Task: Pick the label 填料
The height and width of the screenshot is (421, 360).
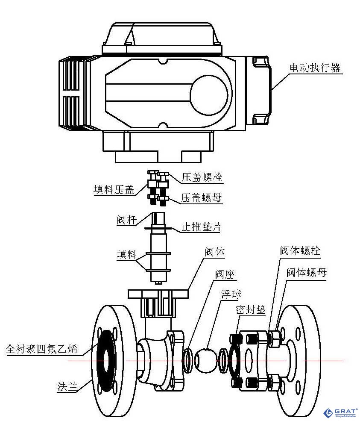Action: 127,255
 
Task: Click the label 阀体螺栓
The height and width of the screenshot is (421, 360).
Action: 300,251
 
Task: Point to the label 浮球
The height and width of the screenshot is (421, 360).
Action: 231,294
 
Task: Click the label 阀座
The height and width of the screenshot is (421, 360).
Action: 225,274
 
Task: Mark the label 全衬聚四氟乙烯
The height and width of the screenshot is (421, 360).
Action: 41,349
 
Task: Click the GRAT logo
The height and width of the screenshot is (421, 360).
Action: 340,413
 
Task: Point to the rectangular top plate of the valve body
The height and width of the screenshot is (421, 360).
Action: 158,294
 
